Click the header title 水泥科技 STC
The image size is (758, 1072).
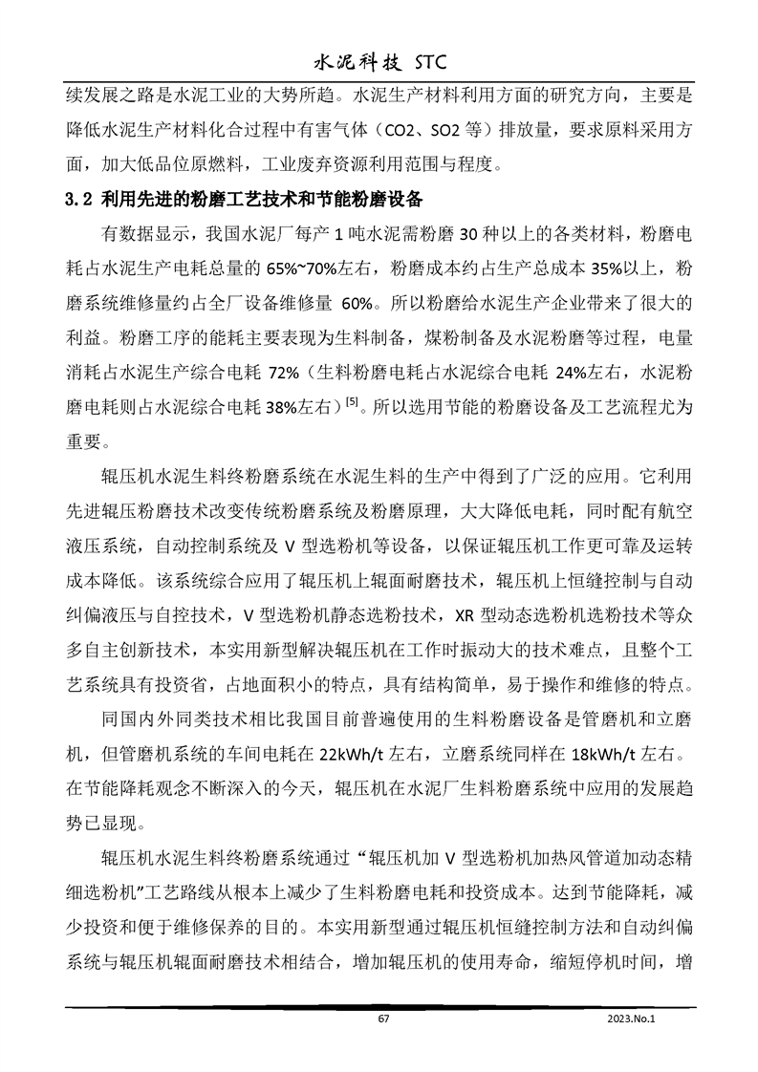(379, 63)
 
